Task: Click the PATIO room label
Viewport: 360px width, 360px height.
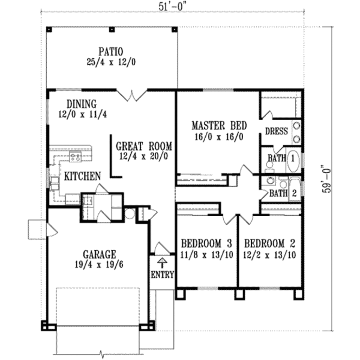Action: click(111, 52)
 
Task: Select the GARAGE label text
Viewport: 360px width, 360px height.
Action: click(99, 255)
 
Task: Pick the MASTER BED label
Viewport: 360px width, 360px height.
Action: click(219, 126)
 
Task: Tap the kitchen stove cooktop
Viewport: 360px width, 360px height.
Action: click(75, 157)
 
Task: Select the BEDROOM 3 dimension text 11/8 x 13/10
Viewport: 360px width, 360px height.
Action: click(207, 255)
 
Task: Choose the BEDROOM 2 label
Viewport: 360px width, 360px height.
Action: click(270, 244)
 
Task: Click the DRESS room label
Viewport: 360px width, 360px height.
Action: click(276, 131)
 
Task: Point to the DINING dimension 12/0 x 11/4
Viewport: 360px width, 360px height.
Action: click(82, 114)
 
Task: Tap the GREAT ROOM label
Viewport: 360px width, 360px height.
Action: click(144, 146)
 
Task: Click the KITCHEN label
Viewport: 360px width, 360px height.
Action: click(82, 176)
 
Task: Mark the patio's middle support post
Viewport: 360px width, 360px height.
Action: click(112, 30)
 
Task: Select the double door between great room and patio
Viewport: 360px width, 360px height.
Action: click(132, 95)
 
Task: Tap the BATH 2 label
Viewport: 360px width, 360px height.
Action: click(283, 193)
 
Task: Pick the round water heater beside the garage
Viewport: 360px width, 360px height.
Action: click(130, 214)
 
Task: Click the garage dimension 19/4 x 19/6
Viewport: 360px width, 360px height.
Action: click(99, 265)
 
